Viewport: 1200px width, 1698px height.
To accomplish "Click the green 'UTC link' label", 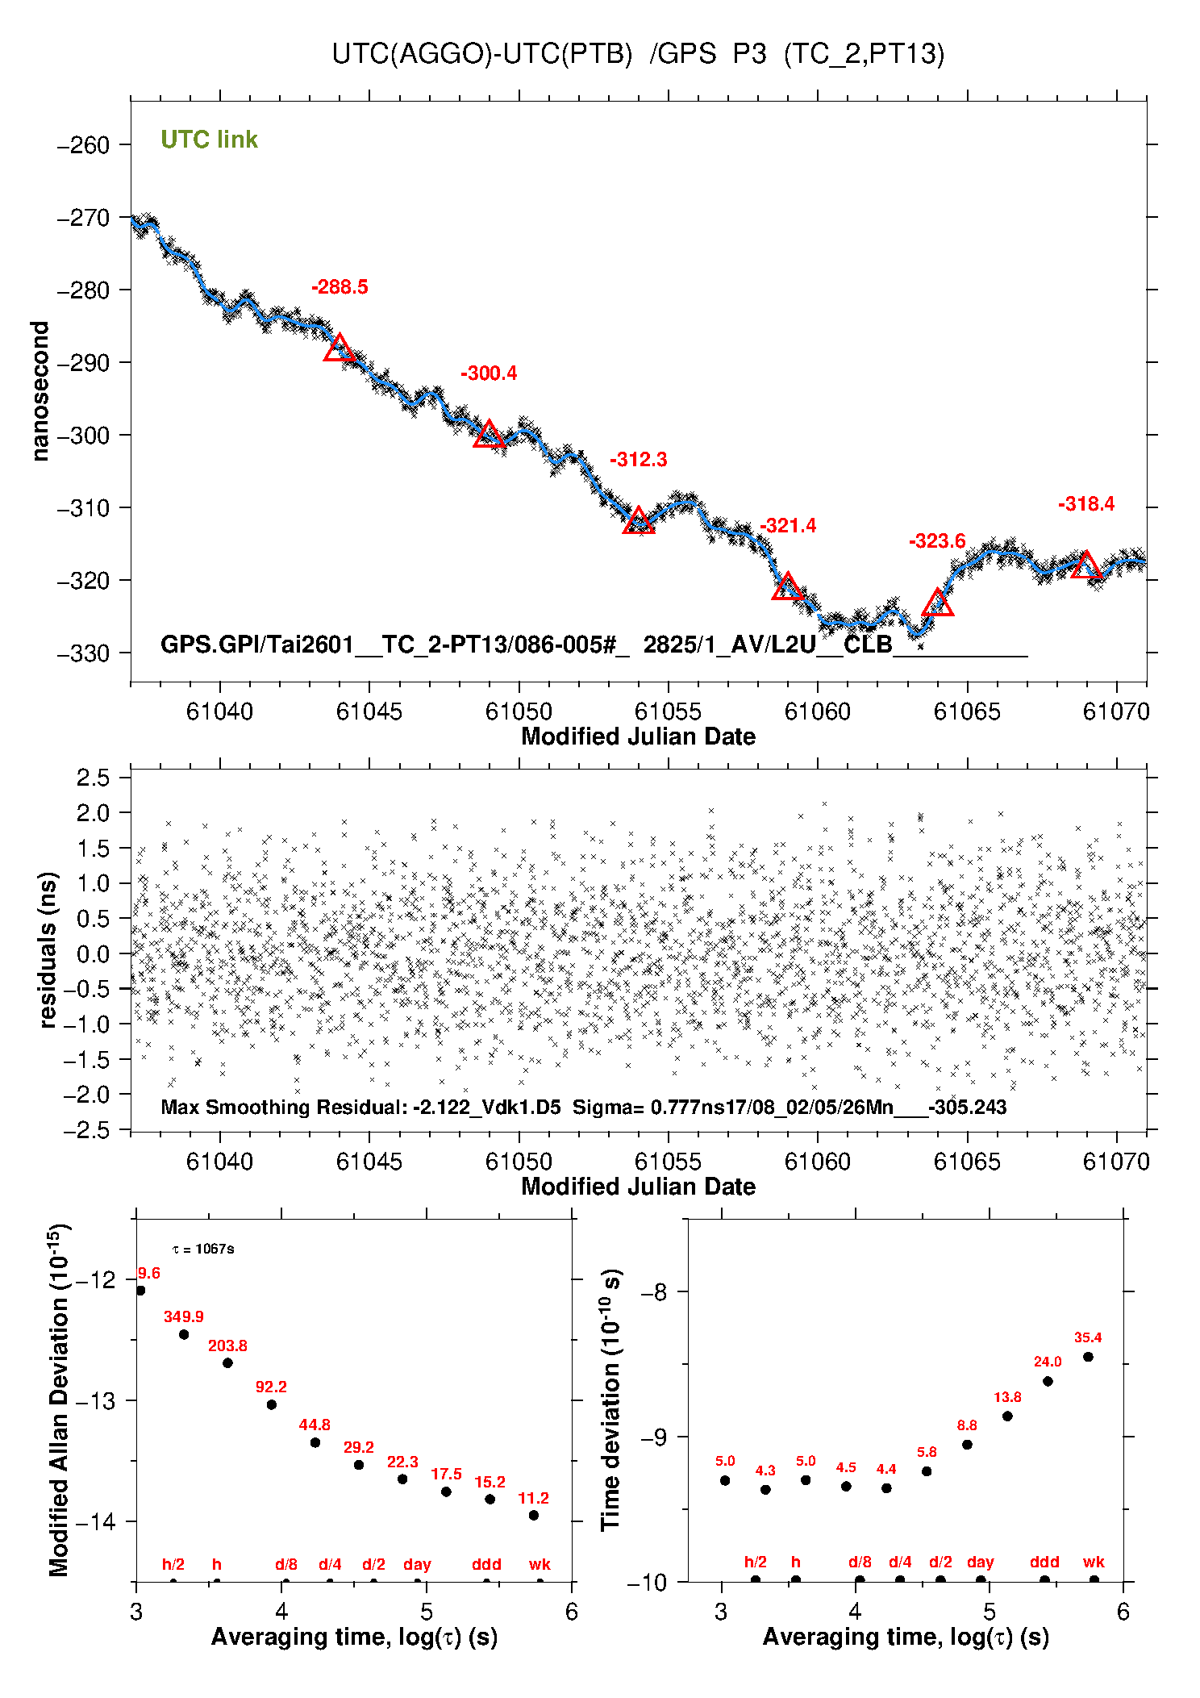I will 209,140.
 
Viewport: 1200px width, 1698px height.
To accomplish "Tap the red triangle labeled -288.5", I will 339,348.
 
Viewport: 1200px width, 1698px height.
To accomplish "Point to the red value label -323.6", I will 937,541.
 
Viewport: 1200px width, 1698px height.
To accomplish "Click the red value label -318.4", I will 1086,504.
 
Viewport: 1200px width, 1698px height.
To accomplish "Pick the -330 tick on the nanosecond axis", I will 83,653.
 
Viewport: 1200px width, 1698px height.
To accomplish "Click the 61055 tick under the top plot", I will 668,711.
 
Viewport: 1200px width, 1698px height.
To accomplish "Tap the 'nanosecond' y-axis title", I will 40,391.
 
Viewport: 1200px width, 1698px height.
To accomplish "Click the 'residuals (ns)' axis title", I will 48,949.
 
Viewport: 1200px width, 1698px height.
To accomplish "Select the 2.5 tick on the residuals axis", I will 93,778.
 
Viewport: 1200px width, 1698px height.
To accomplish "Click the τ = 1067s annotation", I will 203,1249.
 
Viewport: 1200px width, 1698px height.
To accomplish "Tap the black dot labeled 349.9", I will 184,1334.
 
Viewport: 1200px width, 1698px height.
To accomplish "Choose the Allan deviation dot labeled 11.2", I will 534,1515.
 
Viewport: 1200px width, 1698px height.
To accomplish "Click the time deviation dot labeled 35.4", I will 1088,1357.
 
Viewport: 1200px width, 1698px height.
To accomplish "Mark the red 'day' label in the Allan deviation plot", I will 417,1564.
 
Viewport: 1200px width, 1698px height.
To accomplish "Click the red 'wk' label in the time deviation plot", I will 1094,1562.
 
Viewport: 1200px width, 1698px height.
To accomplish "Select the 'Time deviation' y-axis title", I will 610,1400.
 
